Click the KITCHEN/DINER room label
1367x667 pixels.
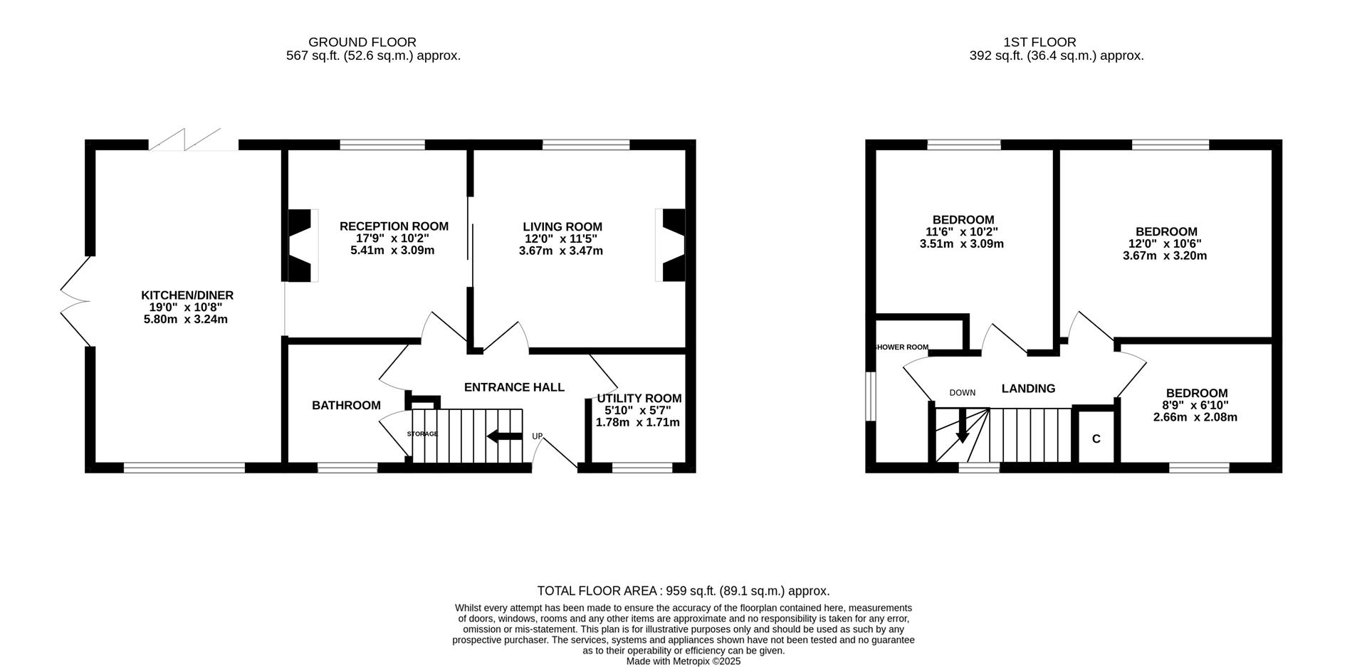[187, 295]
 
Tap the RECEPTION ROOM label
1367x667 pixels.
[394, 226]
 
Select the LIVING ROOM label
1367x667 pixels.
[562, 227]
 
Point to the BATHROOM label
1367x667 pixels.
[346, 406]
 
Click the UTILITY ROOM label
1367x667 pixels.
[639, 399]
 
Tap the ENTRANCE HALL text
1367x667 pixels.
[514, 387]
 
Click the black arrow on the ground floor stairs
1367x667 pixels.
[505, 436]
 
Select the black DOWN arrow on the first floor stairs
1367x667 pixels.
[962, 426]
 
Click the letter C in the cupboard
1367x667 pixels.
[1096, 439]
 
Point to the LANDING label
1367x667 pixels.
[1028, 389]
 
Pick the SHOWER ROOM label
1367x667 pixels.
[901, 347]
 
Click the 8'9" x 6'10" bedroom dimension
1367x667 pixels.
[1196, 405]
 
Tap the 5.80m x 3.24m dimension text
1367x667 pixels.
[186, 320]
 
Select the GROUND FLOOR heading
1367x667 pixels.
[362, 43]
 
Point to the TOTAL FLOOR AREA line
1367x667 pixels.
[683, 591]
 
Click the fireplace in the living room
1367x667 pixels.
[670, 246]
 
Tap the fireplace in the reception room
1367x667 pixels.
[302, 246]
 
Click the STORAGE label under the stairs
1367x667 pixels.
[422, 434]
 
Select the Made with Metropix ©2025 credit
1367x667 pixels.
[683, 661]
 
